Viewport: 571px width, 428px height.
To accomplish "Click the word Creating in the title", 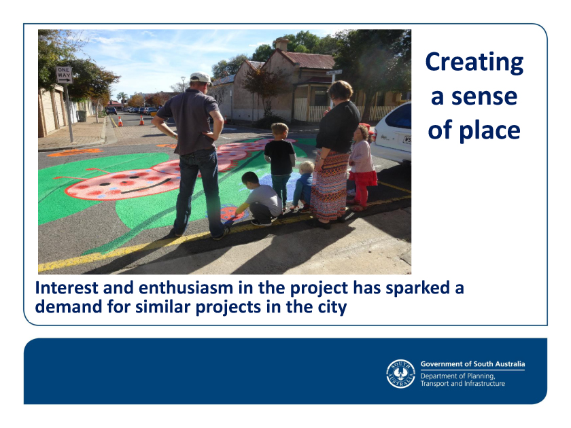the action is tap(474, 63).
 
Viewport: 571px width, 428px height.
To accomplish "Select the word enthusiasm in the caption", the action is tap(186, 288).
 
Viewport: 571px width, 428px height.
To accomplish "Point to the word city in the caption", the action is tap(332, 307).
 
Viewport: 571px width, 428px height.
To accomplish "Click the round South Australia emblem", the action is tap(400, 374).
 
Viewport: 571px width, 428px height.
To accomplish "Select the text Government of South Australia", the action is tap(472, 364).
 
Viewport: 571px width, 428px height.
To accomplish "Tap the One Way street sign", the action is tap(64, 75).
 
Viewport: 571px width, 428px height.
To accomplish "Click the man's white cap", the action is tap(201, 78).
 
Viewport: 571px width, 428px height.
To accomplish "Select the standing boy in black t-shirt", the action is tap(279, 164).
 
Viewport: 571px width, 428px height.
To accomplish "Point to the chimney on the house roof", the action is tap(281, 43).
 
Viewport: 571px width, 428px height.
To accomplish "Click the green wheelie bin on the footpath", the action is tap(82, 116).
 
